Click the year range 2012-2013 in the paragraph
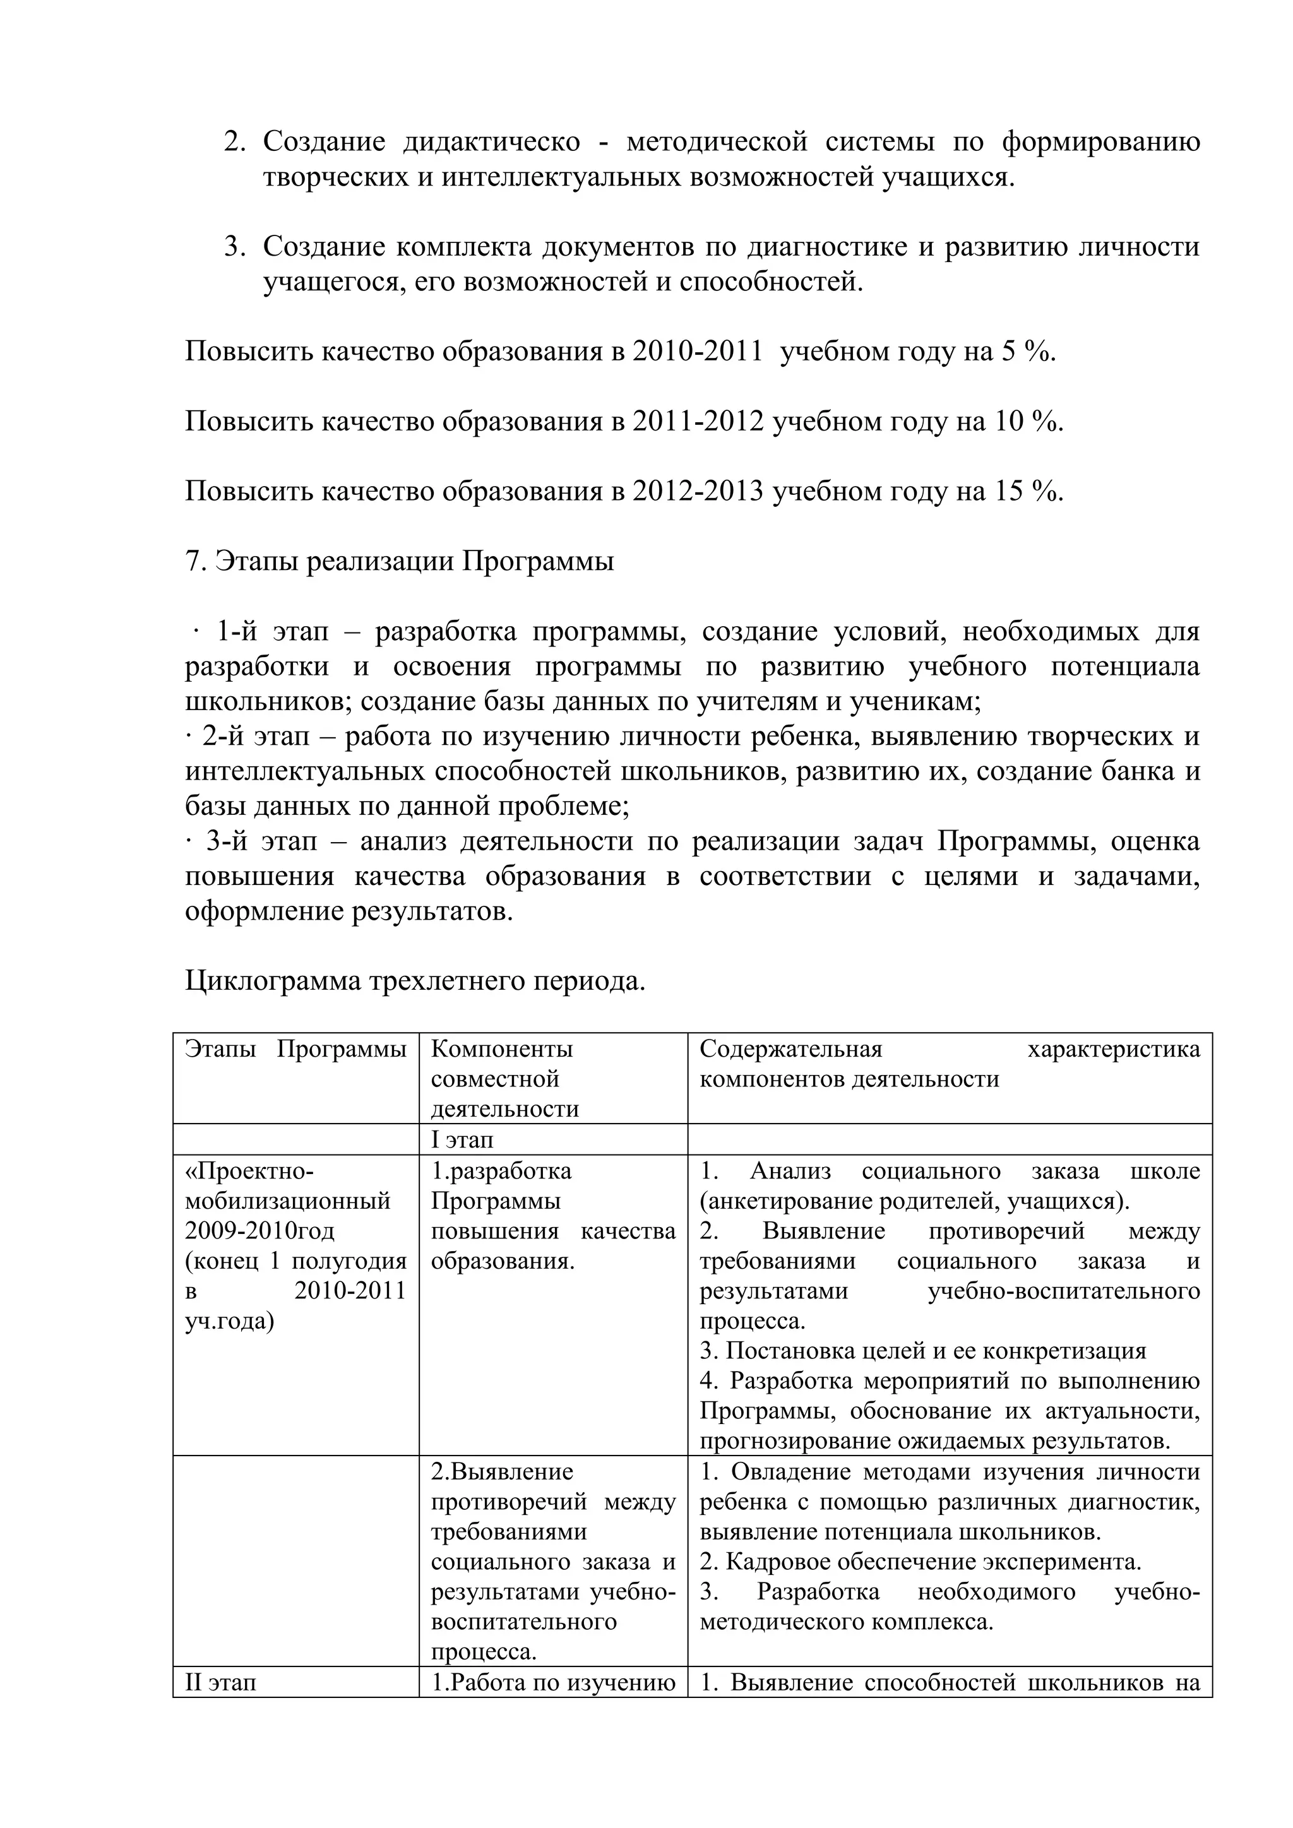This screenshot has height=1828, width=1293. click(x=698, y=492)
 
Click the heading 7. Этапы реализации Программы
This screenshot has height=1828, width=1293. click(x=400, y=562)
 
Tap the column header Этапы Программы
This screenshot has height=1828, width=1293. click(x=295, y=1049)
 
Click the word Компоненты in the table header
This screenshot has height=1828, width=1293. click(x=501, y=1049)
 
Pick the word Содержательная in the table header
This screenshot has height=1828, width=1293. click(x=790, y=1049)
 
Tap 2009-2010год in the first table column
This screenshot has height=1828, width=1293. click(x=259, y=1232)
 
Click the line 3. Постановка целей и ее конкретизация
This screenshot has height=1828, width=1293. click(x=923, y=1351)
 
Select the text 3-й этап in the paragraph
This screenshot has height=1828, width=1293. click(x=262, y=842)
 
